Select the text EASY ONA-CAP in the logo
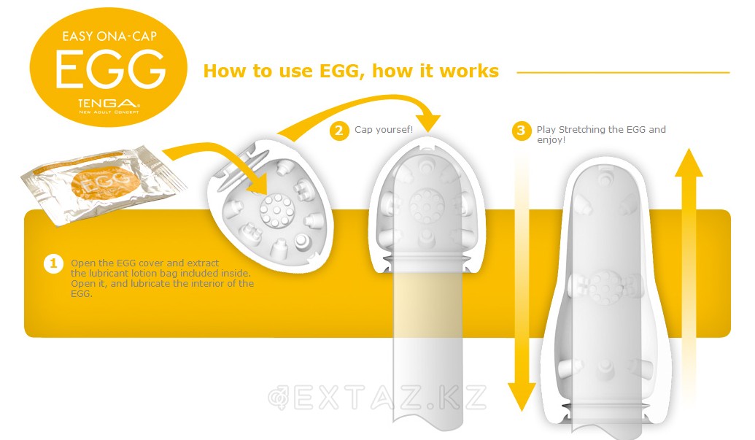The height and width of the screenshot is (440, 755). point(109,36)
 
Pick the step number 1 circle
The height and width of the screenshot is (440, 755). point(53,263)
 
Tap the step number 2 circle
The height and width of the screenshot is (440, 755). point(339,131)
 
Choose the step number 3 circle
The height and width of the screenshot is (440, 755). point(521,131)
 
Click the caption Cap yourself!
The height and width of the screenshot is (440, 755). point(384,129)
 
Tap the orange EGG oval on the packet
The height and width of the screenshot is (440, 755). point(106,182)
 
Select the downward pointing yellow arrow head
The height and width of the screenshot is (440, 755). point(522,396)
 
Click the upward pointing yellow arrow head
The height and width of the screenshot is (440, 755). point(689,163)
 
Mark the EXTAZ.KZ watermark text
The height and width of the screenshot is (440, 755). point(378,398)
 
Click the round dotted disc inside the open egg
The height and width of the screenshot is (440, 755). point(276,210)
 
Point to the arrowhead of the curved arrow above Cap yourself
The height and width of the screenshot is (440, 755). point(427,123)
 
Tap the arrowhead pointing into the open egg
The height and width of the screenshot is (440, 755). point(258,183)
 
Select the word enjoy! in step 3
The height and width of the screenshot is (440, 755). point(551,140)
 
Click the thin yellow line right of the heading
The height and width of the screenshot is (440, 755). point(623,73)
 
